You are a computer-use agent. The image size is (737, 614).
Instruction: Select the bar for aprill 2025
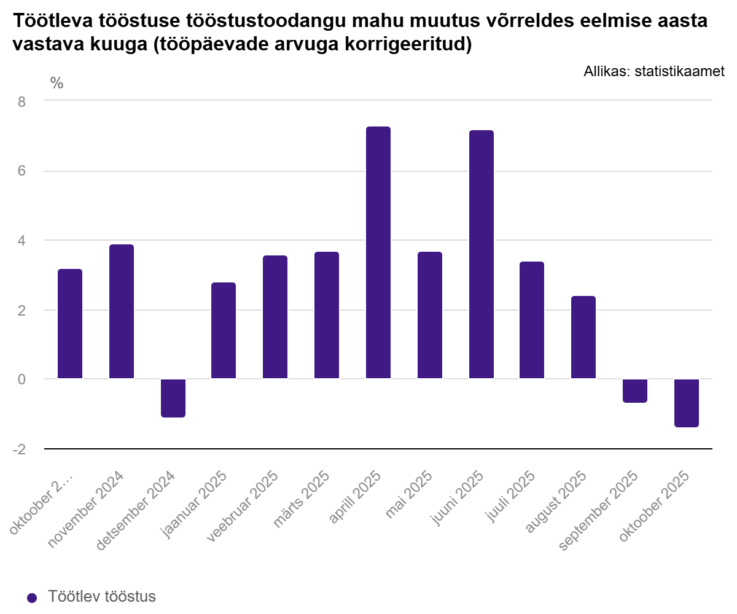click(x=378, y=252)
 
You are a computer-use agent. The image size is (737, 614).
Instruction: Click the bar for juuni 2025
click(x=482, y=254)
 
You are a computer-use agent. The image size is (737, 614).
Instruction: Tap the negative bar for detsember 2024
click(x=173, y=398)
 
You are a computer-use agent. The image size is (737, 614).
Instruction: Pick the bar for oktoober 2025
click(x=687, y=403)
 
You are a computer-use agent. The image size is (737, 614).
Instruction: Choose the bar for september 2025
click(x=635, y=391)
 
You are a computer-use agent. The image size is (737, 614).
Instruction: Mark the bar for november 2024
click(x=122, y=311)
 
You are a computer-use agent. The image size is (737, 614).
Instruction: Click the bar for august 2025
click(x=583, y=337)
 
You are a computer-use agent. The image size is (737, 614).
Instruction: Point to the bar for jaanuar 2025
click(x=224, y=330)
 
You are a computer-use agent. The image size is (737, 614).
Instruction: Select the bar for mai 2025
click(x=430, y=315)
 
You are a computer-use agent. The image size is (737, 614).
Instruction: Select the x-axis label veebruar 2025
click(x=243, y=507)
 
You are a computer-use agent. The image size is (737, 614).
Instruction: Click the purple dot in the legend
click(x=33, y=598)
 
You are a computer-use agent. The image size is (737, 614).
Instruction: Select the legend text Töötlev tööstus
click(x=102, y=597)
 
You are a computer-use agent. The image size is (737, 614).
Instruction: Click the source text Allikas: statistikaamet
click(x=654, y=72)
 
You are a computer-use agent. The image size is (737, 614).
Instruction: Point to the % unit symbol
click(x=57, y=84)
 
